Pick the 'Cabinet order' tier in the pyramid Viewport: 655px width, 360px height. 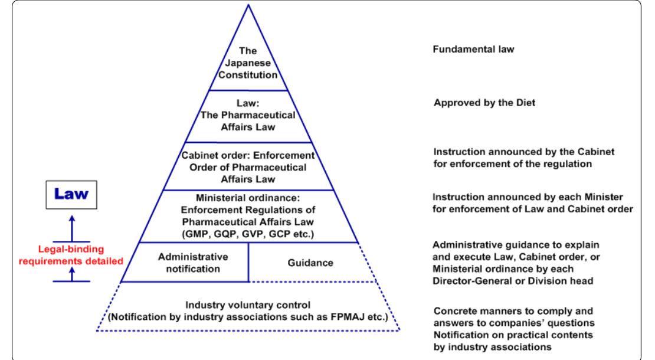point(248,166)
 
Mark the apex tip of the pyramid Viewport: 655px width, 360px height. point(248,5)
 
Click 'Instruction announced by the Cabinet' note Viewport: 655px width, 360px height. point(507,151)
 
